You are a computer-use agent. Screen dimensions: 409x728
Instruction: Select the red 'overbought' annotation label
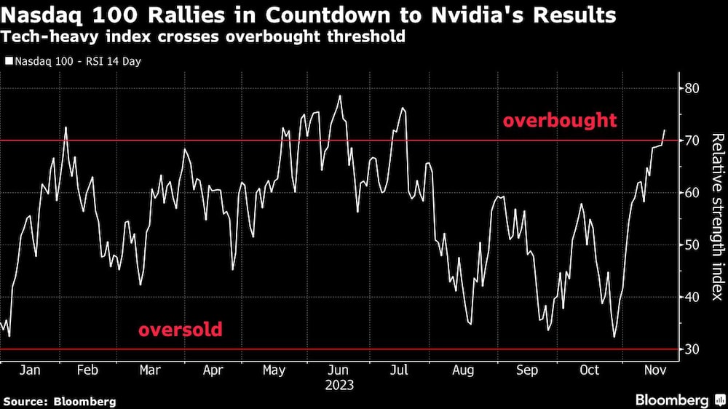[559, 121]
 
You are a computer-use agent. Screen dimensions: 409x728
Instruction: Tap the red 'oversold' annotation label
[180, 330]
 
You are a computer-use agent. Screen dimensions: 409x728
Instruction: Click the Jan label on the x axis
[30, 370]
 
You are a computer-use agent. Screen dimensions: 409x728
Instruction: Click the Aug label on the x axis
[463, 370]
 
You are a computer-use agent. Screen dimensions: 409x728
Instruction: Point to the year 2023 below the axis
[339, 384]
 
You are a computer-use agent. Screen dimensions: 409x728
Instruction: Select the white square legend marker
[9, 62]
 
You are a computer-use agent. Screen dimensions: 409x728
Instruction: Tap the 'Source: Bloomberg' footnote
[60, 401]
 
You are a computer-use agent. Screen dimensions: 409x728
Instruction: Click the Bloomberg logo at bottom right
[673, 400]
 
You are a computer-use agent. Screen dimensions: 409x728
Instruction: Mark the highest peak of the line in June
[339, 95]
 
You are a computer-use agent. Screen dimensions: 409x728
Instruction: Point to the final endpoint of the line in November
[664, 130]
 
